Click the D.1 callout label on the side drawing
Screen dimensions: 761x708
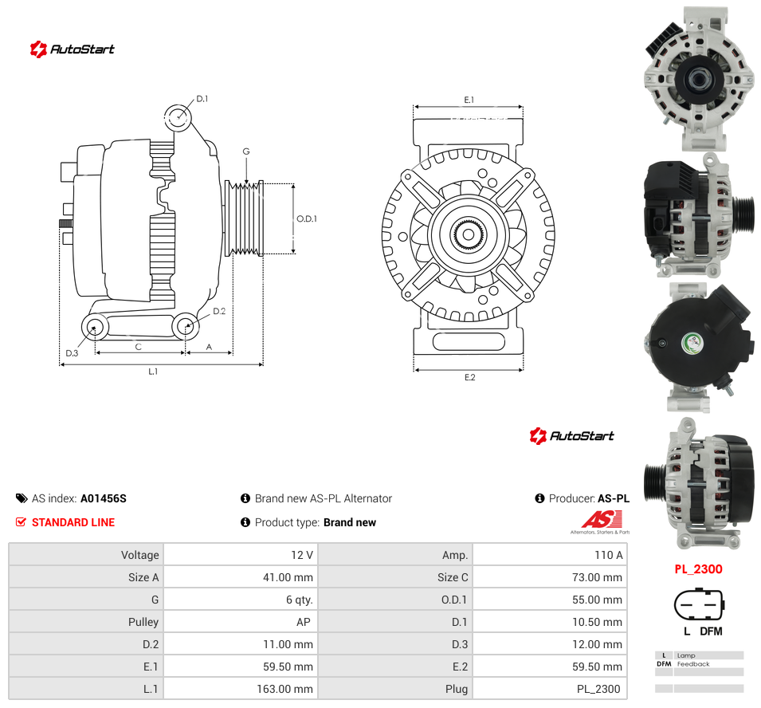pyautogui.click(x=202, y=99)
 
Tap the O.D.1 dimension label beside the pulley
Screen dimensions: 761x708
pyautogui.click(x=307, y=219)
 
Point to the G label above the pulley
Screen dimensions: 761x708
pyautogui.click(x=246, y=151)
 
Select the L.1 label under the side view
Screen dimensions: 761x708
pyautogui.click(x=153, y=372)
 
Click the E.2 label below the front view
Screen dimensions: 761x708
pyautogui.click(x=470, y=377)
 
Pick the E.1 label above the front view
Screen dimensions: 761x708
pyautogui.click(x=469, y=100)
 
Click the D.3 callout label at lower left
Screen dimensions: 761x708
pyautogui.click(x=72, y=353)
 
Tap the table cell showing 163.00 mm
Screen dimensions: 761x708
pyautogui.click(x=241, y=689)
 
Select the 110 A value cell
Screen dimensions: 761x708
pyautogui.click(x=550, y=555)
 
